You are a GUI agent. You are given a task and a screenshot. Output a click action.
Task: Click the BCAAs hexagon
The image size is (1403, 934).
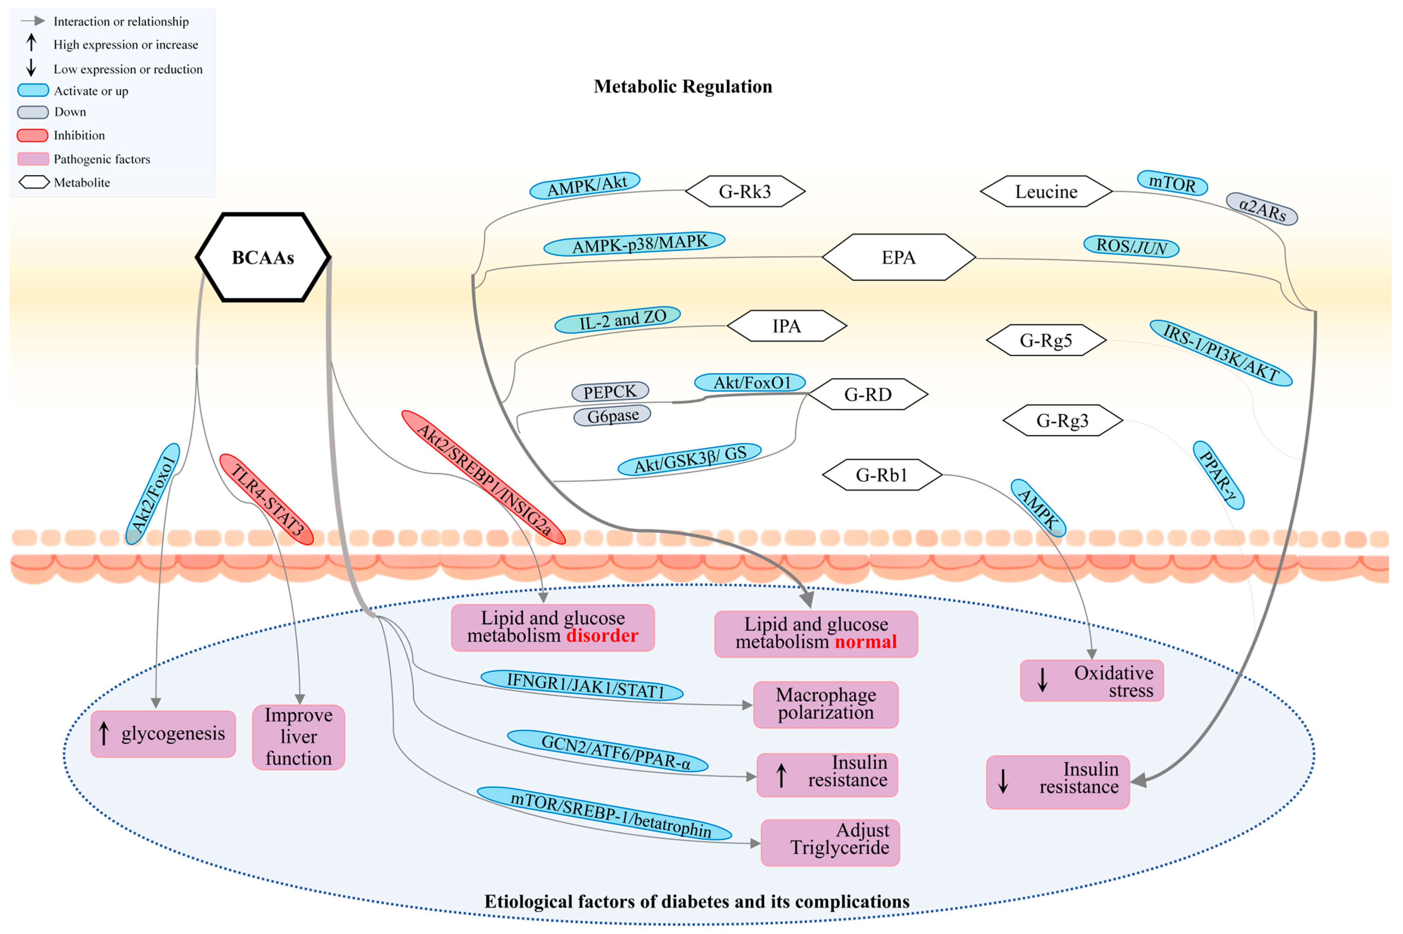[263, 257]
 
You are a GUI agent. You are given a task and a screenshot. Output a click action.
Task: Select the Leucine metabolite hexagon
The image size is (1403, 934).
[1046, 191]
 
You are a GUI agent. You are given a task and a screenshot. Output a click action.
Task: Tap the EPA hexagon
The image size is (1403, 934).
[898, 257]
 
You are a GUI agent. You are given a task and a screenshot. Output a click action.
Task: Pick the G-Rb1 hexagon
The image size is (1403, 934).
[881, 475]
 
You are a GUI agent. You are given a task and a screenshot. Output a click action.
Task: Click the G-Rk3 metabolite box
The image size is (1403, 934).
[745, 191]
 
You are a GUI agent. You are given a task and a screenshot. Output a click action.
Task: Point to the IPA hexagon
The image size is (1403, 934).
[787, 326]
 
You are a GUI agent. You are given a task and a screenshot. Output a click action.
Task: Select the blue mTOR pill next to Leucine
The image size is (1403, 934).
[1172, 183]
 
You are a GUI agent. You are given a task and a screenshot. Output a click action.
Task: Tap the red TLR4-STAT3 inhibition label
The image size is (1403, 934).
[266, 499]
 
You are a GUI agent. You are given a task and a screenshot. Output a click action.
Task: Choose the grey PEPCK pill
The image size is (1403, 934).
[610, 391]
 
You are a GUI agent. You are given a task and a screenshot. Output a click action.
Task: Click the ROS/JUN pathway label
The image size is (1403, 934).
[1131, 246]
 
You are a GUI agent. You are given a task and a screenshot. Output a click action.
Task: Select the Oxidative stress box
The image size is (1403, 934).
[1092, 680]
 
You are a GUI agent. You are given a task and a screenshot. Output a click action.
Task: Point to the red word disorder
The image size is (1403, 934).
[602, 636]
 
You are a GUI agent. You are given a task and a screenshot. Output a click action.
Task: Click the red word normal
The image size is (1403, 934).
[865, 642]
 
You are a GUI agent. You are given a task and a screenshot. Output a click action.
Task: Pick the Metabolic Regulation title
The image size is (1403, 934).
[683, 86]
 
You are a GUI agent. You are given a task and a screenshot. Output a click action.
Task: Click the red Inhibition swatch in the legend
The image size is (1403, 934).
[33, 135]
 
